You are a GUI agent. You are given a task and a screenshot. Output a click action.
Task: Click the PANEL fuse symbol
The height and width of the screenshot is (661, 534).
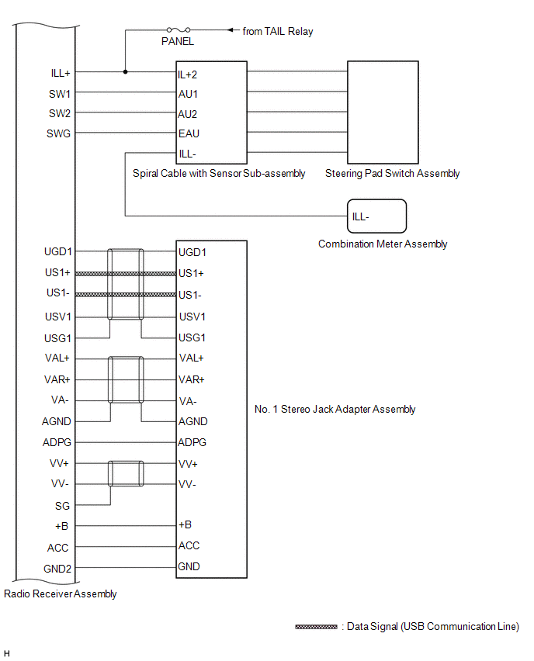pos(178,30)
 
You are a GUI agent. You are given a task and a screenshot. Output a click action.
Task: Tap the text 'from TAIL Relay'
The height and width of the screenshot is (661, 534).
pos(278,32)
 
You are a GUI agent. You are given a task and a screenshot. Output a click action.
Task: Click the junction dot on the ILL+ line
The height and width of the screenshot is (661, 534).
pos(125,72)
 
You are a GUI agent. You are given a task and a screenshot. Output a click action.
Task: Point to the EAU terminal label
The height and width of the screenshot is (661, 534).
pos(189,133)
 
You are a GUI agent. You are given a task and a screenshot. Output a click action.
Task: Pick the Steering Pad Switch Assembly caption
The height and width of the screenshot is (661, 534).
pos(392,173)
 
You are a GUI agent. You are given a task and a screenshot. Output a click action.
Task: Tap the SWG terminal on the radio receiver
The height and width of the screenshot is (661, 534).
pos(58,133)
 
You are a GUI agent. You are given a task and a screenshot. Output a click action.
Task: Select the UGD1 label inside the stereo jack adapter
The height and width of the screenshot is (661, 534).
pos(192,252)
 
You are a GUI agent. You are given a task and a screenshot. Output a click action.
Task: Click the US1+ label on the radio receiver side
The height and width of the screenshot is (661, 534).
pos(57,273)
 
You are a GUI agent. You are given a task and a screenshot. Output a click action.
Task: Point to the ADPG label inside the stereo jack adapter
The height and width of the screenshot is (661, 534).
pos(192,443)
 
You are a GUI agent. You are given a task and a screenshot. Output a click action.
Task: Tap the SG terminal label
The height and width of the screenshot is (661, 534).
pos(62,505)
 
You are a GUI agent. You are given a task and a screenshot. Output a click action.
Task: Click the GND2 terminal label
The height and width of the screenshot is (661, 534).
pos(57,568)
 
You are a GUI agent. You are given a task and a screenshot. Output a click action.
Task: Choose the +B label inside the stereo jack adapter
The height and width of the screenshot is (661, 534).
pos(185,525)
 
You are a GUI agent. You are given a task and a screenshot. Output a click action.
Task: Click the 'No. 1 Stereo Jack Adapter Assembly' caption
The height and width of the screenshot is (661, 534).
pos(335,409)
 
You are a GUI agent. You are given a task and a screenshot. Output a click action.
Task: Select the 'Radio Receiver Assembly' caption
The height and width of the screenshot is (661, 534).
pos(61,594)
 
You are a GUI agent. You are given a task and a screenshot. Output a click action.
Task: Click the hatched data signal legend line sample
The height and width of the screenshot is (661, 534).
pos(316,627)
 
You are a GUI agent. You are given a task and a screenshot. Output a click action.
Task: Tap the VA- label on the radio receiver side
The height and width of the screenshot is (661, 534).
pos(61,401)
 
